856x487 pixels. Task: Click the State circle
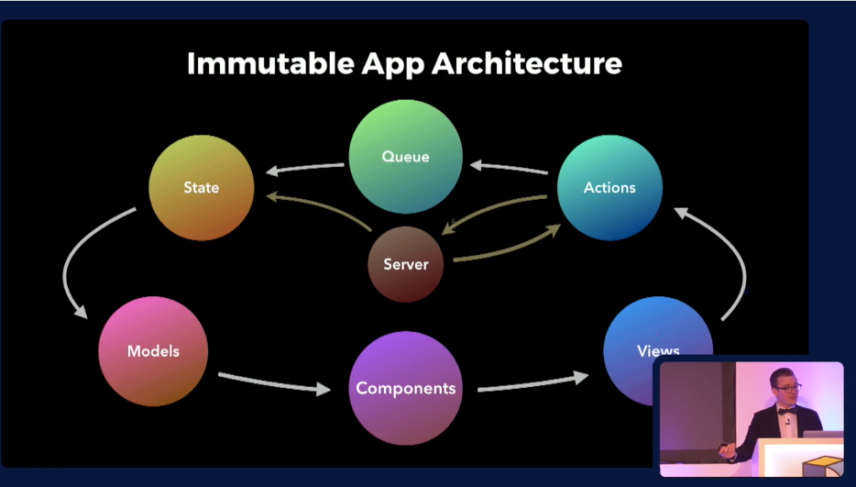click(x=202, y=188)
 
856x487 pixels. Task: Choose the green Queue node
click(x=405, y=156)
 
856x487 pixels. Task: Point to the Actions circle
click(x=609, y=188)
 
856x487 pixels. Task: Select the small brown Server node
click(x=405, y=264)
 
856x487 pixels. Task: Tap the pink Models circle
click(x=153, y=351)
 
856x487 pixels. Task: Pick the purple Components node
click(x=405, y=388)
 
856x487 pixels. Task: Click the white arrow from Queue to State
click(x=304, y=169)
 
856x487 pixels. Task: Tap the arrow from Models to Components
click(x=273, y=382)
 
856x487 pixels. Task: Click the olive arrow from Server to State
click(x=321, y=207)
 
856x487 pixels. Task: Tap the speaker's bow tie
click(x=786, y=412)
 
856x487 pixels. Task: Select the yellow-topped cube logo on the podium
click(x=822, y=466)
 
